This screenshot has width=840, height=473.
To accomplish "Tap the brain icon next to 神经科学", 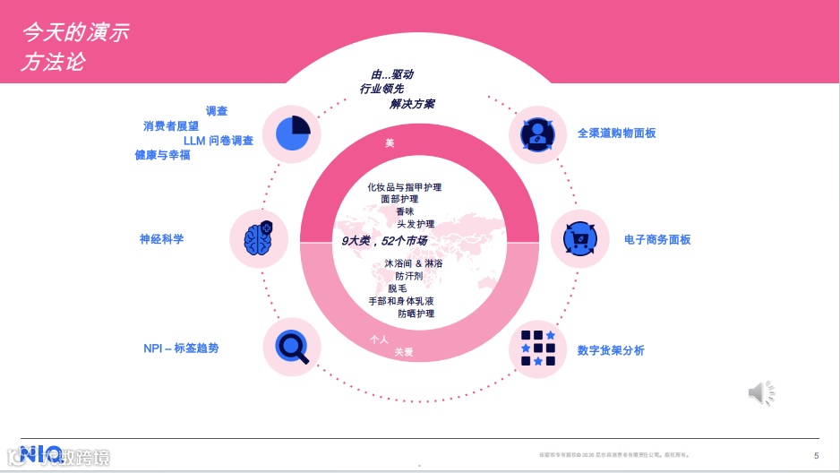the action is (258, 238).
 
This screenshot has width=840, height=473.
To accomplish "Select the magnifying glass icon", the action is (292, 346).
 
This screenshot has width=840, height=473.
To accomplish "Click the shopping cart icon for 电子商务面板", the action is (579, 239).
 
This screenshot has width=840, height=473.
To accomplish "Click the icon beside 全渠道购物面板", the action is (537, 133).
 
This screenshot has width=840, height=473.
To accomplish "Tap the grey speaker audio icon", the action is (761, 392).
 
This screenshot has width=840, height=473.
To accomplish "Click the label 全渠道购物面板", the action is (616, 133).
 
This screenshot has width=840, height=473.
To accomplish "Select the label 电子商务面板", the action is (657, 240).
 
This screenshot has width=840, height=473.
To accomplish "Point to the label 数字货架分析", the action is (611, 350).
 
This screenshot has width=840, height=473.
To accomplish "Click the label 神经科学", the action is (161, 239).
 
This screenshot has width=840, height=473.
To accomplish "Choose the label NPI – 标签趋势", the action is (181, 348).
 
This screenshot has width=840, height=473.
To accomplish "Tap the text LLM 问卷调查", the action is (218, 141).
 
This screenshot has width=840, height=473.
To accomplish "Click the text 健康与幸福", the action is (162, 155).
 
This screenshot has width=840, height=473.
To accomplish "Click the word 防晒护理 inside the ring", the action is (416, 314).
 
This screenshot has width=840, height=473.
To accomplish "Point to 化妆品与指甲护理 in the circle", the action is (404, 187).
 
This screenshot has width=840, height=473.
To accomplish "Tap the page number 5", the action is (816, 455).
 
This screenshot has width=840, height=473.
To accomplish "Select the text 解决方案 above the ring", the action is (412, 104).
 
